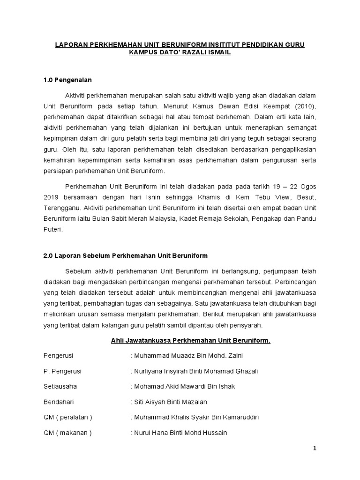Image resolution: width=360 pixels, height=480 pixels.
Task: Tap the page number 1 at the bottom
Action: click(315, 448)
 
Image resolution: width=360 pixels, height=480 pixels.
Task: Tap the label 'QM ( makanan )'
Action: click(67, 433)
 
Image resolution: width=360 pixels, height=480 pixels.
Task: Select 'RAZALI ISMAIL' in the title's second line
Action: click(207, 53)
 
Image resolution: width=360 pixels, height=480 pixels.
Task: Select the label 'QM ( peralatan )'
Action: click(67, 417)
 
